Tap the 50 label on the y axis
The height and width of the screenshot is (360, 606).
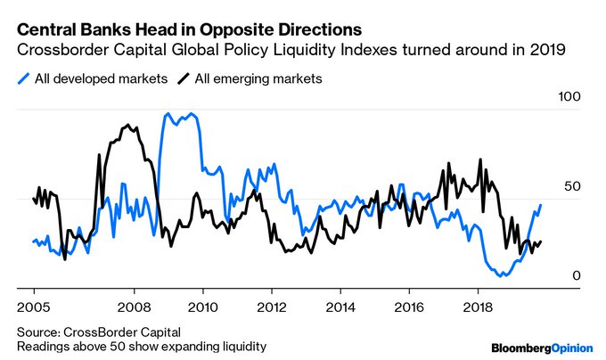coord(572,186)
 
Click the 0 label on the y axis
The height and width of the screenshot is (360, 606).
coord(576,276)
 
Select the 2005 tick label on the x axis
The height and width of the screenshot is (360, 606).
coord(34,303)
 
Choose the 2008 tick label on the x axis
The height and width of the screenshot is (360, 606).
coord(134,303)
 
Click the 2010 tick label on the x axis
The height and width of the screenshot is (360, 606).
coord(202,303)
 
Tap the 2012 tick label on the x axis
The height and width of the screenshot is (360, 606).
coord(271,303)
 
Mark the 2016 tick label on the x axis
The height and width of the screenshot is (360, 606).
coord(408,303)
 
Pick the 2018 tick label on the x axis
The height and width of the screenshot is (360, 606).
coord(477,303)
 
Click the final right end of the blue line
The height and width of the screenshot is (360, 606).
coord(540,205)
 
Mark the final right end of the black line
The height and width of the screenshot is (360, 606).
coord(540,241)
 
